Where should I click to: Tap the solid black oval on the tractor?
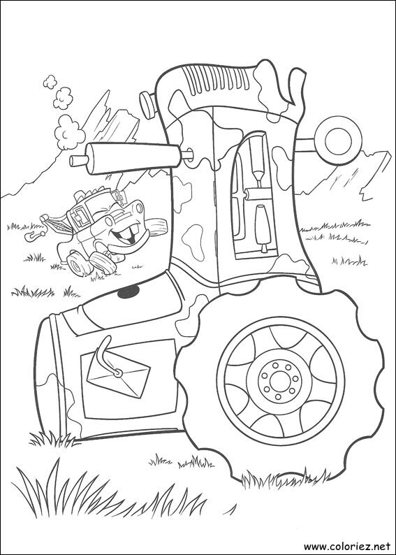(x=125, y=293)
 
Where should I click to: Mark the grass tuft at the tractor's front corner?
(x=52, y=439)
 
